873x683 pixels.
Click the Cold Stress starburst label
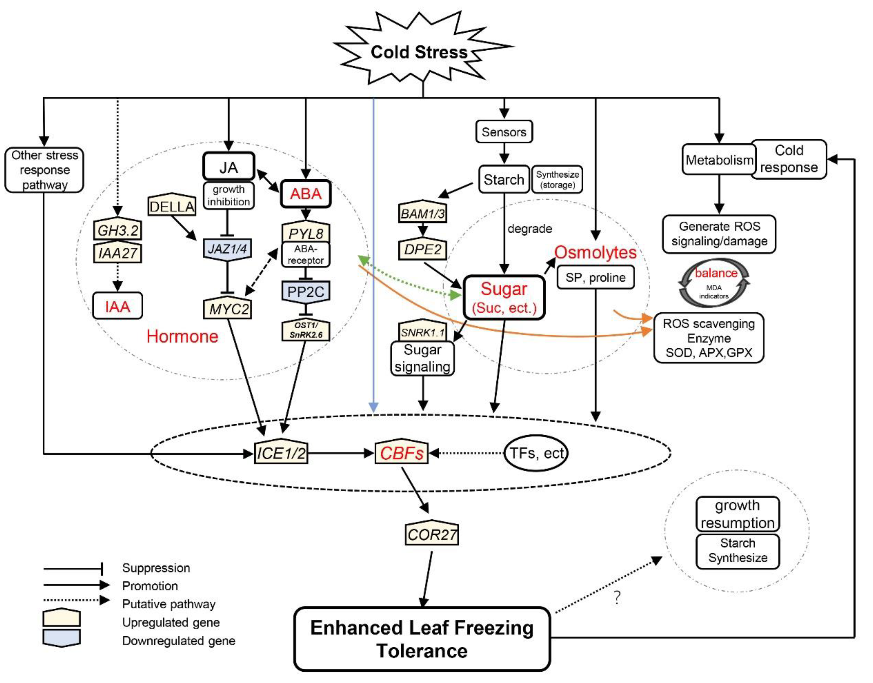point(419,52)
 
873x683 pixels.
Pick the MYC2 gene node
point(228,308)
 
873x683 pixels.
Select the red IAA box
point(118,306)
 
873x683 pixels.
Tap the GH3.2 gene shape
point(118,229)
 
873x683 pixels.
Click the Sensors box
point(504,132)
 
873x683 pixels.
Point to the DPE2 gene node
point(423,249)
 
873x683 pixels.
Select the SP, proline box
point(595,277)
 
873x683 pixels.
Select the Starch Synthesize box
point(738,551)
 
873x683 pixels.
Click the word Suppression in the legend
point(156,568)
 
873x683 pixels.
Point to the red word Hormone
point(182,336)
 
